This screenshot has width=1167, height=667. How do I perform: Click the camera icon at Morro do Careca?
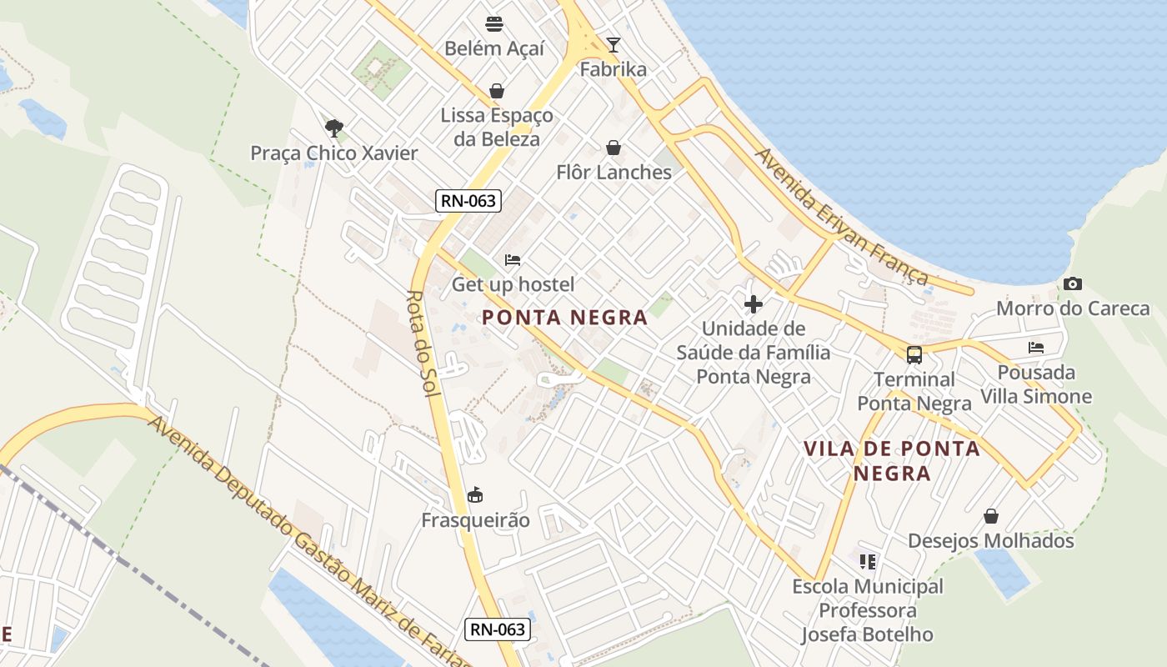click(x=1073, y=284)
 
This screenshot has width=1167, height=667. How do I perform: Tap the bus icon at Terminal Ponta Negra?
click(x=914, y=355)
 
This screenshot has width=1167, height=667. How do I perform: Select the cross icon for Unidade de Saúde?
click(x=754, y=304)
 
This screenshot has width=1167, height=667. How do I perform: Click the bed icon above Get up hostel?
click(x=513, y=260)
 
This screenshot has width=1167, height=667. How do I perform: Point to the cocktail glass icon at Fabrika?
click(x=614, y=45)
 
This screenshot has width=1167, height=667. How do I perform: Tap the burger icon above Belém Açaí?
click(x=494, y=23)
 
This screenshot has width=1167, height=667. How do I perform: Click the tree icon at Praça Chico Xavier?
click(x=334, y=128)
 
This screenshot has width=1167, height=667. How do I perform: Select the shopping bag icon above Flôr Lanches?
click(x=614, y=148)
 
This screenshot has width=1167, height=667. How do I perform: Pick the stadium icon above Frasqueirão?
click(x=475, y=496)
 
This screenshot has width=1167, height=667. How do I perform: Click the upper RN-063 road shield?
click(x=468, y=200)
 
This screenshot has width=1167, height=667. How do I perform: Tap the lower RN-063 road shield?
click(x=498, y=629)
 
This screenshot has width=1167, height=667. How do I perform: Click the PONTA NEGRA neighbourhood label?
click(x=564, y=318)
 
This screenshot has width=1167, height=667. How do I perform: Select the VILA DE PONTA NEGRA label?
click(x=891, y=461)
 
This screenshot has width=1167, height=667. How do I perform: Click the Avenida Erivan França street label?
click(x=841, y=217)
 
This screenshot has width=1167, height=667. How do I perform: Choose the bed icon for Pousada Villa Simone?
click(x=1036, y=348)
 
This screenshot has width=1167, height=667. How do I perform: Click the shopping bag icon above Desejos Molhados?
click(x=991, y=517)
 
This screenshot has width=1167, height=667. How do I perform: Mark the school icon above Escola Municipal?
click(x=868, y=563)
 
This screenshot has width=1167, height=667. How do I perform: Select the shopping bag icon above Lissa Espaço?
click(x=497, y=91)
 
